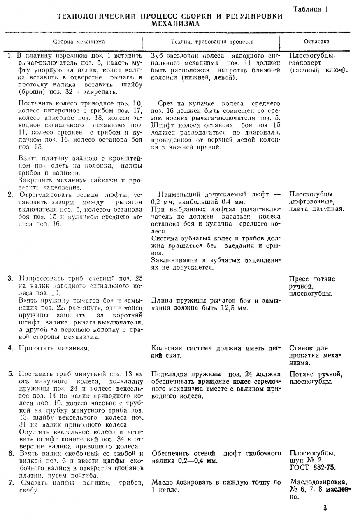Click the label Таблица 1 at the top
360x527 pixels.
311,9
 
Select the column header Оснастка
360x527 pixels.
316,42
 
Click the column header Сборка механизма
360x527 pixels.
79,42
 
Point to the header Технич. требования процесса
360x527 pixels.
212,42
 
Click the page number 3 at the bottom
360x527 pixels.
325,508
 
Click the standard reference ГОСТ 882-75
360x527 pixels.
312,467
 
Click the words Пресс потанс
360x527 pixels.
312,279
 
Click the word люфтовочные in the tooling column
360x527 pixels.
311,201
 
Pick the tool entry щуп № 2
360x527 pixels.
307,460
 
